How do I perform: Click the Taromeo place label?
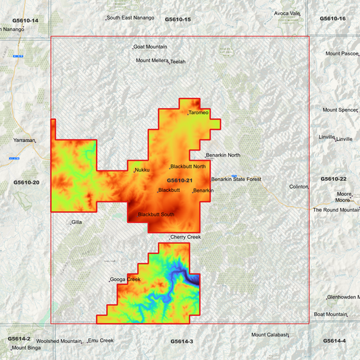(x=199, y=112)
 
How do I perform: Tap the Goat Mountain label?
(x=151, y=47)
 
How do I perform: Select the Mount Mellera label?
(x=152, y=60)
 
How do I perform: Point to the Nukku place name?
(x=143, y=170)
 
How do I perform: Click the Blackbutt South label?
(x=156, y=214)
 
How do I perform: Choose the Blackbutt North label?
(x=188, y=166)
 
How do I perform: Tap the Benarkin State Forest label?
(x=236, y=179)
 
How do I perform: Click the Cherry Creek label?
(x=186, y=237)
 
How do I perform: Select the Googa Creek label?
(x=125, y=280)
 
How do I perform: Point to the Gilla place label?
(x=76, y=222)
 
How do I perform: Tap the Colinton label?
(x=299, y=186)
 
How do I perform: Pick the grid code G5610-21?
(x=180, y=180)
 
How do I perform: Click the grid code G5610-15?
(x=178, y=20)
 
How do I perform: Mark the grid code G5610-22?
(x=333, y=178)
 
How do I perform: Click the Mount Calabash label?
(x=269, y=335)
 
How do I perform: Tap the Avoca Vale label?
(x=287, y=14)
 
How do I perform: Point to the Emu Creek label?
(x=101, y=340)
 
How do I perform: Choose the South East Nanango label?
(x=130, y=18)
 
